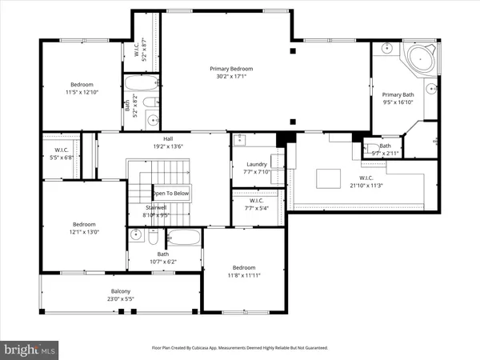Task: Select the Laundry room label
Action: (x=257, y=164)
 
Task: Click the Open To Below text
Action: (x=170, y=193)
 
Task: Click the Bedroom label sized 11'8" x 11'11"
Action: (x=243, y=267)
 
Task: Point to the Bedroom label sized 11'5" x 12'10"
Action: (x=82, y=85)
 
